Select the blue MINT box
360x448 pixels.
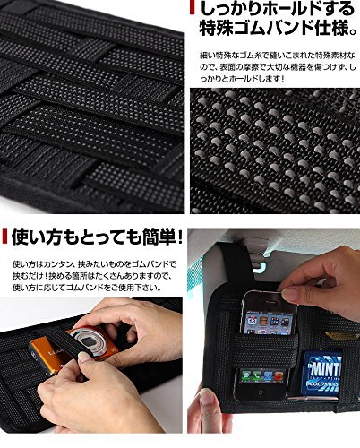(321, 373)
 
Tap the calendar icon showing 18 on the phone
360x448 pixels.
(250, 322)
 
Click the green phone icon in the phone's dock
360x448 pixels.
(246, 375)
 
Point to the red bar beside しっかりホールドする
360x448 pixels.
(192, 7)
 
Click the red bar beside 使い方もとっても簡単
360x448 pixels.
(4, 237)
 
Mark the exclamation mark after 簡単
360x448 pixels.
(179, 237)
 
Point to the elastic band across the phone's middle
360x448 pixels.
(267, 350)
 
